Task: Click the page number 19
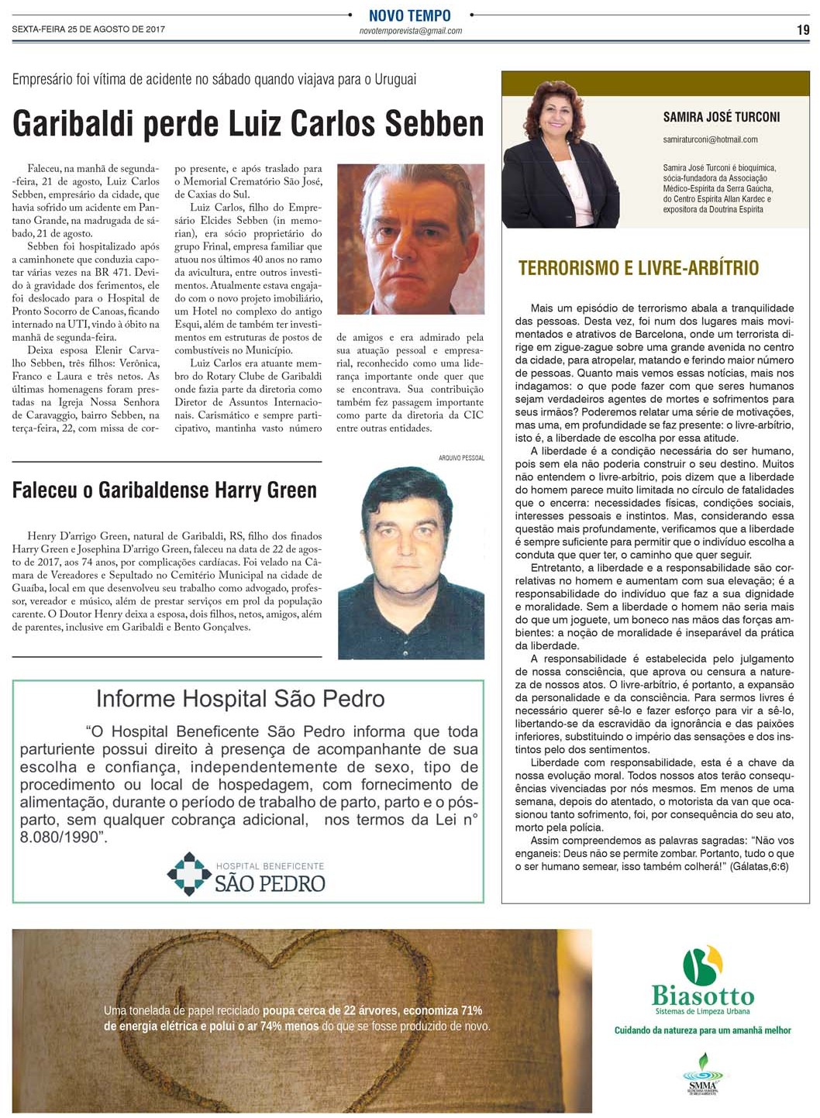coord(803,30)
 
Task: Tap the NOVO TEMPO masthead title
coord(409,15)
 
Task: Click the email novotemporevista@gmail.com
coord(411,31)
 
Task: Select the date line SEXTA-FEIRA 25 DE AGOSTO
coord(88,29)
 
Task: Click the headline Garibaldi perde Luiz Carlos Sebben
coord(248,124)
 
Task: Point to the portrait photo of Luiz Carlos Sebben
coord(411,239)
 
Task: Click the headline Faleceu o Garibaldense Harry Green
coord(164,490)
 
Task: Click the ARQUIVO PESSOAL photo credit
coord(461,458)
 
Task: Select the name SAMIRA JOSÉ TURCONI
coord(721,117)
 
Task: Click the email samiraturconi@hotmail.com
coord(710,139)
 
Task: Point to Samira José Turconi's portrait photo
coord(559,155)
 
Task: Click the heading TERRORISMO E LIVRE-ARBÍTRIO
coord(639,269)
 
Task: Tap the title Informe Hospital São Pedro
coord(240,699)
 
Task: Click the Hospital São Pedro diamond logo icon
coord(189,874)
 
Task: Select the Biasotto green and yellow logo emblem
coord(702,964)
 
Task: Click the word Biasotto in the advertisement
coord(702,996)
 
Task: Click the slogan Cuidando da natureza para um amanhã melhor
coord(702,1030)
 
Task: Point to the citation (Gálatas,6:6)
coord(759,866)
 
